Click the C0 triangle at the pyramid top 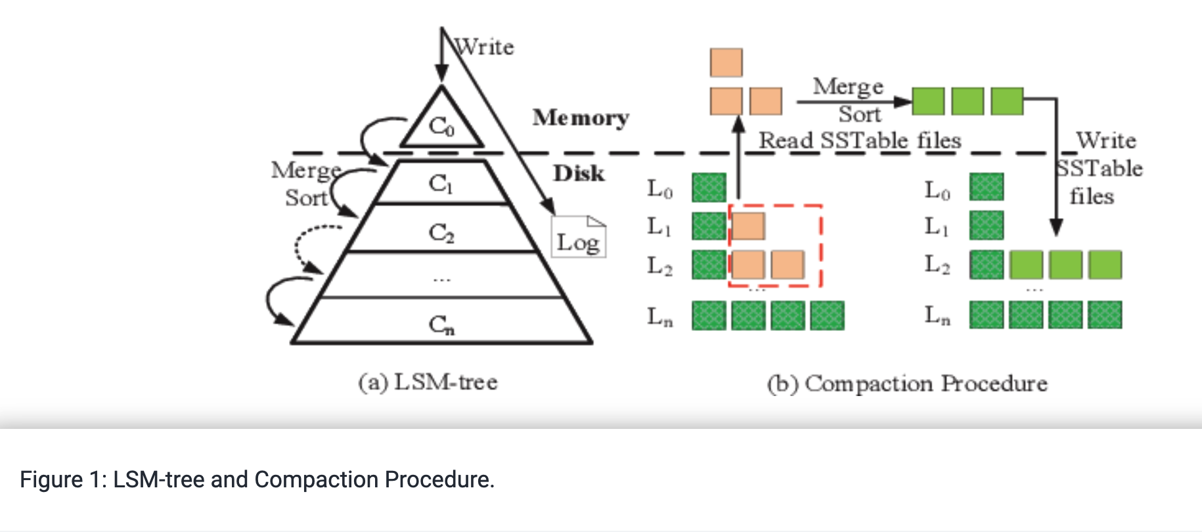click(x=441, y=125)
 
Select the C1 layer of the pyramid click(x=441, y=183)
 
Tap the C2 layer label click(x=441, y=233)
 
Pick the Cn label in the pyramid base click(x=441, y=324)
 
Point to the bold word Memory click(x=581, y=118)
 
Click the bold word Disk click(x=579, y=173)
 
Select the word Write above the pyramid click(x=485, y=47)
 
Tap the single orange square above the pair click(x=726, y=62)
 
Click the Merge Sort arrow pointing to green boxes click(x=854, y=102)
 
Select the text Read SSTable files click(x=860, y=141)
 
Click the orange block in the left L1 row click(x=748, y=226)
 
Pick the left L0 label click(x=659, y=189)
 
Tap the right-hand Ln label click(x=937, y=315)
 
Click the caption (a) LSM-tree click(x=428, y=382)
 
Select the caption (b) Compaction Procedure click(x=907, y=384)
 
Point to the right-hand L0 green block click(x=986, y=187)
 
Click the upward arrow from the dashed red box click(x=739, y=158)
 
